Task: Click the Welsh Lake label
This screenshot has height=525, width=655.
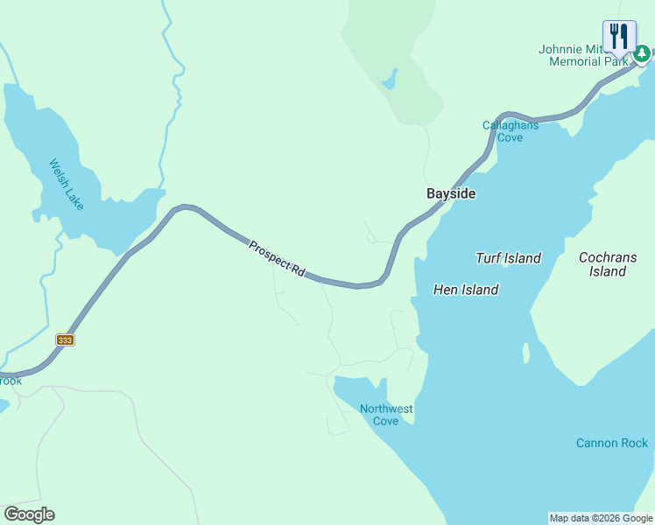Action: (67, 184)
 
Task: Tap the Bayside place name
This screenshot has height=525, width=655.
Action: (451, 193)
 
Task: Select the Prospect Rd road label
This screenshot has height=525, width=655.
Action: (276, 260)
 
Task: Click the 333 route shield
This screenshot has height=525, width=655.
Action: (65, 339)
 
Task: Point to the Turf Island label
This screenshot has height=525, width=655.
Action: (508, 258)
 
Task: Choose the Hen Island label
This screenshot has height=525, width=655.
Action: (466, 290)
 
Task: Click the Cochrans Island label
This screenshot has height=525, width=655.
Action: (607, 264)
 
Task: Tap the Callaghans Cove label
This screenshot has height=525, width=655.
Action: (510, 131)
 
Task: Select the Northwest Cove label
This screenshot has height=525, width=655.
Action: (386, 415)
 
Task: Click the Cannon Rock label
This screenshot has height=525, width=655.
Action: (612, 444)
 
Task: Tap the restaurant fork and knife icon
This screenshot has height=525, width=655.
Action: (619, 37)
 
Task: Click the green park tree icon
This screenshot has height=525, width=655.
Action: (642, 55)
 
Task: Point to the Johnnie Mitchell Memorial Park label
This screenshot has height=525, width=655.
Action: (582, 55)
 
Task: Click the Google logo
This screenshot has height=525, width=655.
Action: (29, 514)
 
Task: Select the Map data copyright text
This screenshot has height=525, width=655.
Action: (601, 518)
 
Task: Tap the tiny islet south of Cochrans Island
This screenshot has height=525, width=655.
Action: (525, 353)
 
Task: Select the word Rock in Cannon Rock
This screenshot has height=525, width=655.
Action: (633, 444)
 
